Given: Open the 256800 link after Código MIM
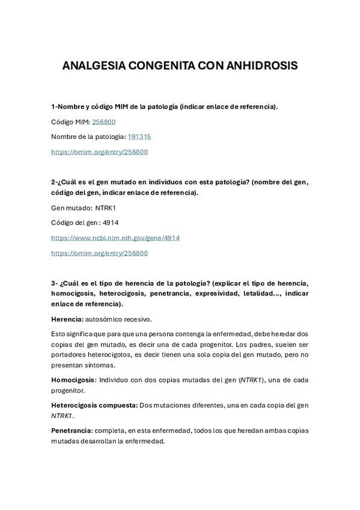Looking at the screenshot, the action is pos(104,121).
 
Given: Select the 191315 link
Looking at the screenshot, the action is pos(139,137).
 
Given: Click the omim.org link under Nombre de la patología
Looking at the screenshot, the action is pos(99,152).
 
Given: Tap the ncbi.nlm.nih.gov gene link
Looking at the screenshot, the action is pos(115,238).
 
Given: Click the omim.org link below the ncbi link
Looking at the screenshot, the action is pos(99,253).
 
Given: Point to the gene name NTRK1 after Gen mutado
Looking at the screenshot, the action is pos(105,207).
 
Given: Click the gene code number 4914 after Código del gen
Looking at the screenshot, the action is pos(111,223).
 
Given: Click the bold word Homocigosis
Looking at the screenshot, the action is pos(73,380).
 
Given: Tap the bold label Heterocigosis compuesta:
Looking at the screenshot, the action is pos(94,405).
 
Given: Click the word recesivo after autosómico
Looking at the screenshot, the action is pos(138,319).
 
